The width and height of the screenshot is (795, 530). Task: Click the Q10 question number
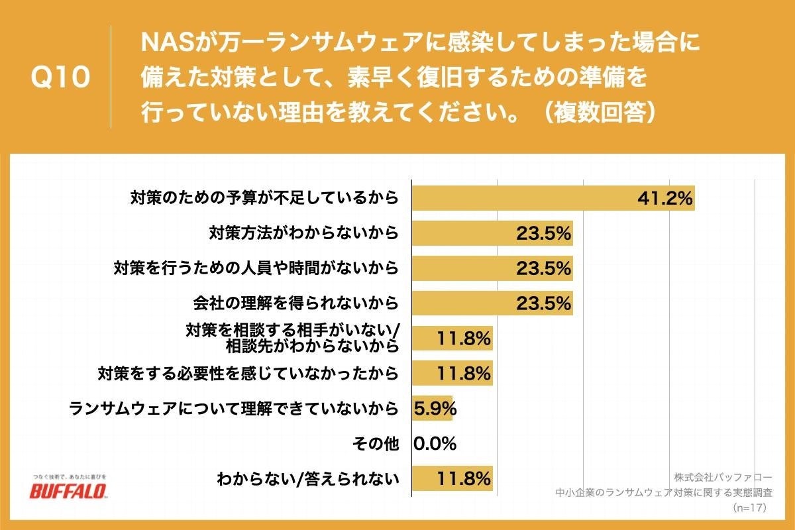(x=60, y=78)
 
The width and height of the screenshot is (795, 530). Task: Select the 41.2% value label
(x=664, y=198)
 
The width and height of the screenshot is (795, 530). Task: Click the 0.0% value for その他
(x=435, y=443)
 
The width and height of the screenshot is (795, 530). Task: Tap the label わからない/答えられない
(x=308, y=478)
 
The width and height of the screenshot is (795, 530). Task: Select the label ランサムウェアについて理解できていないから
(x=234, y=408)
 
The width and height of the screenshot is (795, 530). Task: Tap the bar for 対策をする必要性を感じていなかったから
(x=452, y=373)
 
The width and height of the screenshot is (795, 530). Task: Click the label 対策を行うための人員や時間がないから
(x=256, y=268)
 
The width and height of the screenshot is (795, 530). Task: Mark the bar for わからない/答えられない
(x=452, y=478)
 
